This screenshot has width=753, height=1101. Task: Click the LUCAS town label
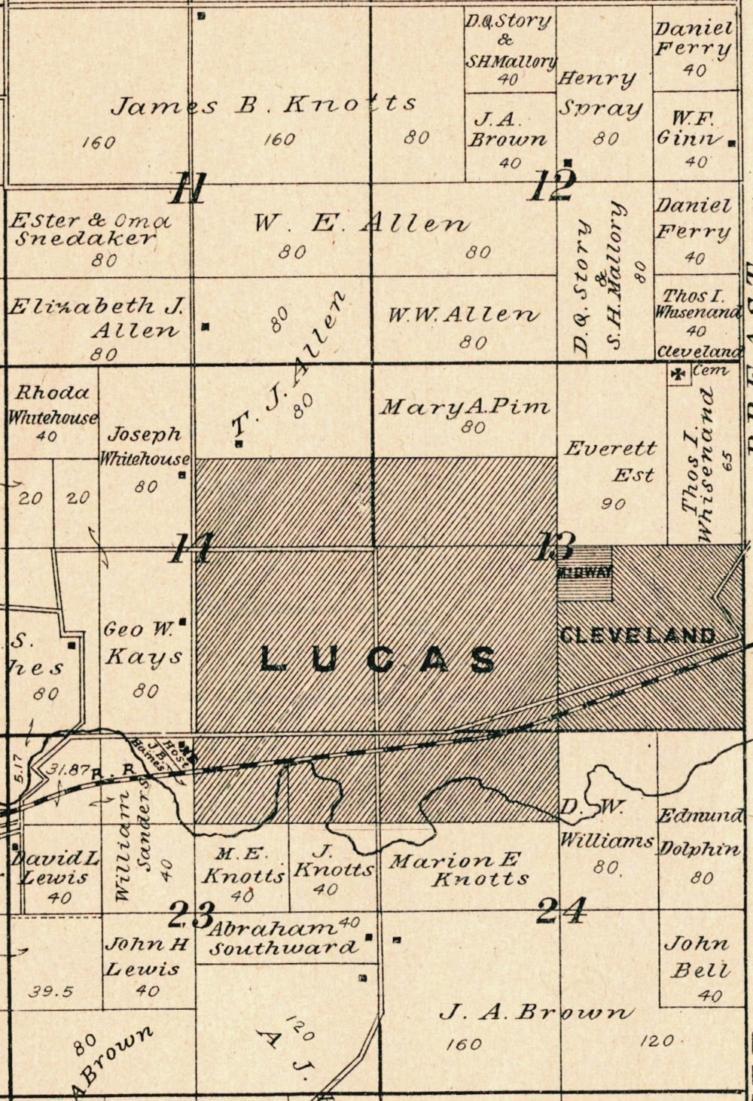[378, 660]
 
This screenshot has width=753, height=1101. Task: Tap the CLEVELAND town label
[637, 635]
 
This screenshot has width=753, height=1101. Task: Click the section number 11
[187, 188]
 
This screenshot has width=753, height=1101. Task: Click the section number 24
[560, 912]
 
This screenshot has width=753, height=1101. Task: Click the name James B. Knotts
[264, 105]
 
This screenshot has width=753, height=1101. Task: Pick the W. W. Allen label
[464, 315]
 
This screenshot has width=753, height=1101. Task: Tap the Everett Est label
[611, 461]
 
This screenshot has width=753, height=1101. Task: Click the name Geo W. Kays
[143, 642]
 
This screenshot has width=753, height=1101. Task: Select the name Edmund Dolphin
[700, 832]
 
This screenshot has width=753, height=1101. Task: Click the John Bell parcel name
[700, 956]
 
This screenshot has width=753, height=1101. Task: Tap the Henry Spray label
[600, 93]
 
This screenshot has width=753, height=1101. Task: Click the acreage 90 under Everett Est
[613, 503]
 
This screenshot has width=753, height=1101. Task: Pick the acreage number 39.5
[51, 991]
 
